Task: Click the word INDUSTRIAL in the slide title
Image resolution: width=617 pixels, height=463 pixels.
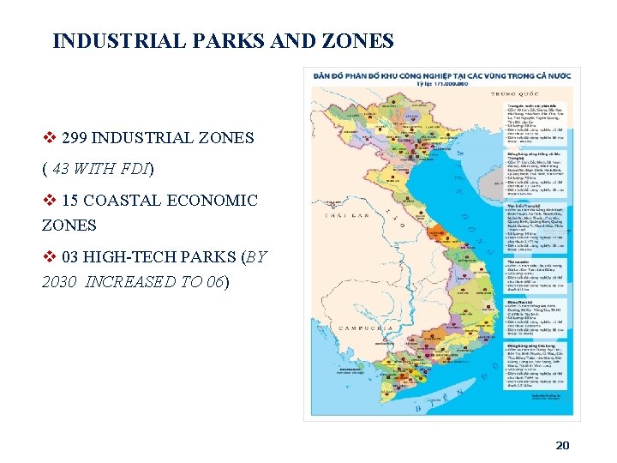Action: [109, 40]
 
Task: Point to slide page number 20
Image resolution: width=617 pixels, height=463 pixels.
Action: [562, 445]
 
